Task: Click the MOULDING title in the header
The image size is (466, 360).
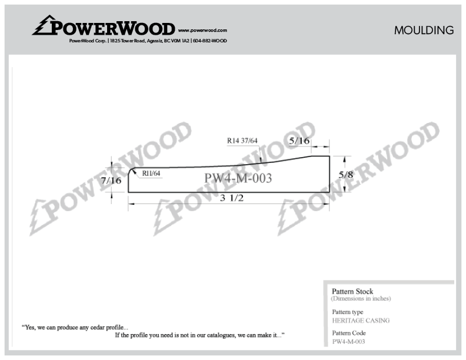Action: pyautogui.click(x=424, y=31)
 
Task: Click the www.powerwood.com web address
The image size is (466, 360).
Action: pyautogui.click(x=202, y=31)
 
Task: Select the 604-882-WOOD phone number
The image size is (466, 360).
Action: pyautogui.click(x=210, y=41)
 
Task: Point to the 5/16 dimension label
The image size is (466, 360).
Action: pyautogui.click(x=299, y=141)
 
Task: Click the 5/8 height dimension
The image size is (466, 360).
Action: pyautogui.click(x=346, y=174)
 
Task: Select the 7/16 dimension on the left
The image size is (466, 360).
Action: pyautogui.click(x=111, y=181)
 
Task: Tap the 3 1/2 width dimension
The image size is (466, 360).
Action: pyautogui.click(x=232, y=198)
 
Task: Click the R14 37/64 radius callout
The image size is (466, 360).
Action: pyautogui.click(x=242, y=141)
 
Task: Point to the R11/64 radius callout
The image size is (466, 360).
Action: pyautogui.click(x=151, y=174)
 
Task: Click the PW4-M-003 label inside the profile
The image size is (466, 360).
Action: pyautogui.click(x=238, y=178)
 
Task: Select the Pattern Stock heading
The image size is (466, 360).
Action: pyautogui.click(x=352, y=291)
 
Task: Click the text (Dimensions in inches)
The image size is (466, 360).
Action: pyautogui.click(x=361, y=298)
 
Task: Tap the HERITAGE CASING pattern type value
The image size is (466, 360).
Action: pyautogui.click(x=361, y=321)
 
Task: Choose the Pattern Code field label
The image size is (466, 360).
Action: pyautogui.click(x=349, y=333)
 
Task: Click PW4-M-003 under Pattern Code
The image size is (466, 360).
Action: pyautogui.click(x=348, y=342)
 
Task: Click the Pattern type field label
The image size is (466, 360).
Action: pyautogui.click(x=348, y=312)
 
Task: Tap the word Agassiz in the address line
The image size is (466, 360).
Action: pyautogui.click(x=155, y=41)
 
